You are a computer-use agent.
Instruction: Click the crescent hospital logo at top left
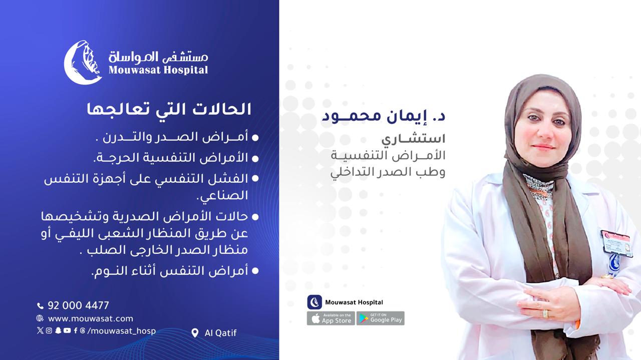[x=83, y=63]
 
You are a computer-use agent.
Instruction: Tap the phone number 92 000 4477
[x=78, y=305]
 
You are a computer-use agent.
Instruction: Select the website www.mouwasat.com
[x=91, y=318]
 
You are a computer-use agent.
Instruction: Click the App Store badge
[x=331, y=318]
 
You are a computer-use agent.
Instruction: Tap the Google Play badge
[x=380, y=318]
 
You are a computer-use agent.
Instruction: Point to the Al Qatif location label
[x=220, y=333]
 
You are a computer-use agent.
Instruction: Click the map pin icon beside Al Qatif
[x=195, y=333]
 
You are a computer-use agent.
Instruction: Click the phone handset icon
[x=41, y=306]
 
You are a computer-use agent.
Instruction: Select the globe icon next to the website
[x=40, y=318]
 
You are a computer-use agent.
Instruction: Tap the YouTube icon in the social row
[x=67, y=330]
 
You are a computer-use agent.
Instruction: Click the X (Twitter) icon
[x=40, y=330]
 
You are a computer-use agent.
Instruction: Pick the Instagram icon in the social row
[x=49, y=330]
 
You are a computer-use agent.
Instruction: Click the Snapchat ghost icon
[x=58, y=330]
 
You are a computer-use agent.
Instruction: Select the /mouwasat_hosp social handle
[x=121, y=331]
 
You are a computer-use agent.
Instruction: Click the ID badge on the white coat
[x=616, y=243]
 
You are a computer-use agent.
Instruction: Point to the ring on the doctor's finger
[x=545, y=313]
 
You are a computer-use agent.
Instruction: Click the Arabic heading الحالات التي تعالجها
[x=169, y=109]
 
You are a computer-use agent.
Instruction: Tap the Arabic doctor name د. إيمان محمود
[x=384, y=116]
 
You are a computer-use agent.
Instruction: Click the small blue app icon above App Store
[x=314, y=302]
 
